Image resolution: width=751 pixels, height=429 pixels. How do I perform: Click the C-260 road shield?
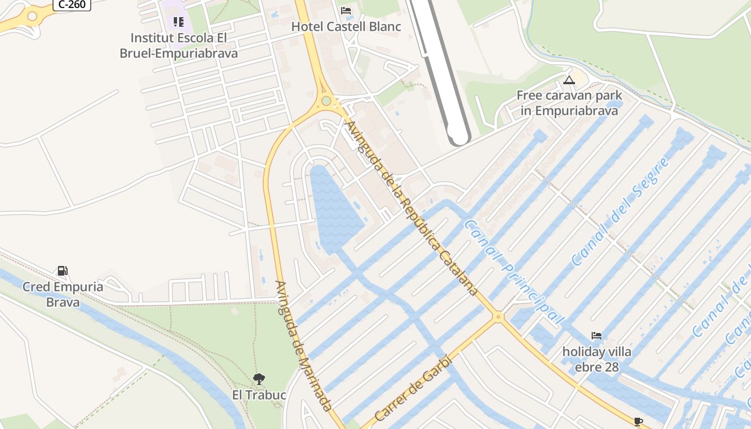72,4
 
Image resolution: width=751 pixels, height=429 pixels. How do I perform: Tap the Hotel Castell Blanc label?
346,26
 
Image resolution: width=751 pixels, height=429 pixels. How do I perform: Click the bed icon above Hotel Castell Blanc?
346,11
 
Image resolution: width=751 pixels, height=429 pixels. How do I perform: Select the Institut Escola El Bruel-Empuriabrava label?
179,46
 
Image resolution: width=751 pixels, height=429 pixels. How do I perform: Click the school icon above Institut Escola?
179,22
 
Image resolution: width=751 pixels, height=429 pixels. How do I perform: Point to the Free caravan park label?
569,103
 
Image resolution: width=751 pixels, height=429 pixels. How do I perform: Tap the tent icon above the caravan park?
569,80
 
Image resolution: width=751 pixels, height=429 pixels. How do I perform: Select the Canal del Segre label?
621,213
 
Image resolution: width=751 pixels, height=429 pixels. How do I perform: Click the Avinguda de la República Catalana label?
411,208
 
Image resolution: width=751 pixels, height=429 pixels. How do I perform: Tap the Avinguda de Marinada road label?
304,346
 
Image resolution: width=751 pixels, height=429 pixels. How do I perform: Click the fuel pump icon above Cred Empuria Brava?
63,271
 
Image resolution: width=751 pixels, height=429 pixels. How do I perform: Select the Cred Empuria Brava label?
63,294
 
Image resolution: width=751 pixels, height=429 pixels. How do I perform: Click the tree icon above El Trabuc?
259,379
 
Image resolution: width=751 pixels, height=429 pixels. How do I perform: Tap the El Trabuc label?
259,395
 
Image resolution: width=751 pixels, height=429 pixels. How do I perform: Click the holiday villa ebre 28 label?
597,359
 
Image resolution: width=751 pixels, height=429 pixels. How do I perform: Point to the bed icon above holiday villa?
597,336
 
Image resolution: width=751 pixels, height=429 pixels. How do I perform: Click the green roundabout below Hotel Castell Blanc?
326,101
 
